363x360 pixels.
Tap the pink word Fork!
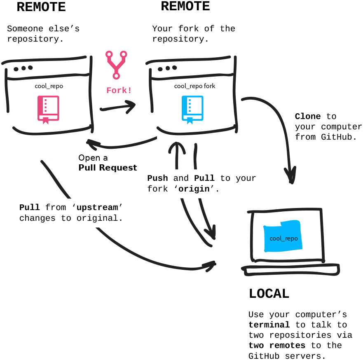(119, 90)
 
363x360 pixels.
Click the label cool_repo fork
(194, 86)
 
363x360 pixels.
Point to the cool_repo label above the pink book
(49, 86)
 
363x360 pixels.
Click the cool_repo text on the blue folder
(283, 238)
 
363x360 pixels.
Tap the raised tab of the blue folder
(290, 224)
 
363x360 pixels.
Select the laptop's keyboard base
(291, 270)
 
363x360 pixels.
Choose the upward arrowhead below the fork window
(177, 147)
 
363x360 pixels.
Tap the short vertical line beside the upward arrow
(195, 157)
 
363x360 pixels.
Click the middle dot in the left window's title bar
(23, 68)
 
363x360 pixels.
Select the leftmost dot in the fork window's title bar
(160, 69)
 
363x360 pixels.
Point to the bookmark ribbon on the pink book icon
(45, 121)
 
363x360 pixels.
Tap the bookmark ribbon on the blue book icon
(190, 121)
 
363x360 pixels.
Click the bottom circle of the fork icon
(116, 76)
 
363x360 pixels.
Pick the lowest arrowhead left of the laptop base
(211, 266)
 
